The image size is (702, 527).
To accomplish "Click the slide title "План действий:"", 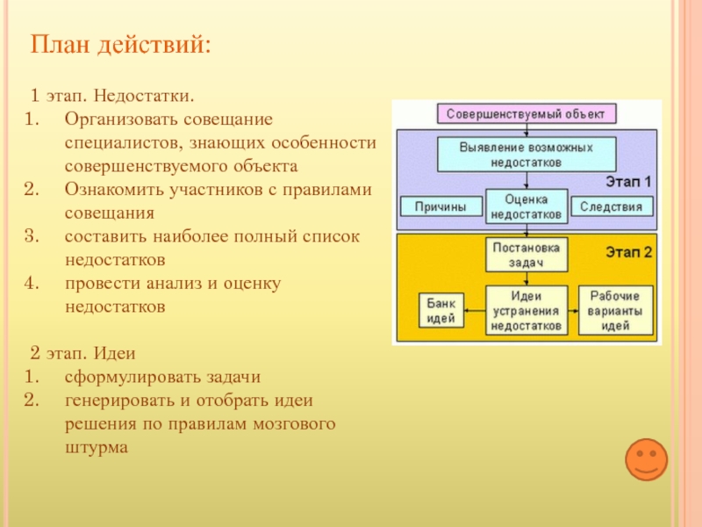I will (x=121, y=43).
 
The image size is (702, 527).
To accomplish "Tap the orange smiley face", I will (x=646, y=460).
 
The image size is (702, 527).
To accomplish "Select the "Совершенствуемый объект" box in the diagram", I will (x=526, y=114).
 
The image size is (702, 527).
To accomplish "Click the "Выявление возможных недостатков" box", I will (x=526, y=154).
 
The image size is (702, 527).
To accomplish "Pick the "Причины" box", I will (x=441, y=207).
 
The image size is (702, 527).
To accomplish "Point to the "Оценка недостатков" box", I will (x=526, y=206).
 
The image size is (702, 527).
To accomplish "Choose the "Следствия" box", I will (x=612, y=207).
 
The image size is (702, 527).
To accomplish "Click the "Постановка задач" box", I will (x=526, y=254).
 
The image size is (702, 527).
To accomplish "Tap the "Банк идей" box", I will (x=440, y=310).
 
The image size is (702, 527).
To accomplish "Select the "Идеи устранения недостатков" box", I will (x=526, y=310).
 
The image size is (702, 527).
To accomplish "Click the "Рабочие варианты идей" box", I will (x=615, y=310).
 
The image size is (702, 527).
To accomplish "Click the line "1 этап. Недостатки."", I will (x=112, y=94).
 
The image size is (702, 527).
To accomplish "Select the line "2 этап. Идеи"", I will (x=82, y=354).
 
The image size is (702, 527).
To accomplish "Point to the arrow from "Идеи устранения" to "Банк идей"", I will (x=474, y=310).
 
